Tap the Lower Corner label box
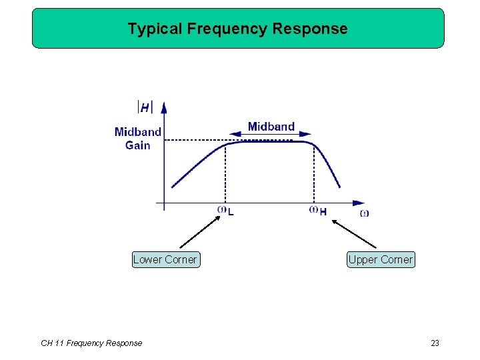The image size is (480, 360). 165,259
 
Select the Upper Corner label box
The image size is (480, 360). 381,259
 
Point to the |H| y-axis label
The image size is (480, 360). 145,107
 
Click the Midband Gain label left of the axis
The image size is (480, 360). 138,139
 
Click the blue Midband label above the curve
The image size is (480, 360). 271,127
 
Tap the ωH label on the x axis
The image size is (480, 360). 318,211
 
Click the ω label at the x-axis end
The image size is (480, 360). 364,213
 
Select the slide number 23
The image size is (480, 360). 435,343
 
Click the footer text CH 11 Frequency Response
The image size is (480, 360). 91,343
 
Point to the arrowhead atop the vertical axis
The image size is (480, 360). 164,106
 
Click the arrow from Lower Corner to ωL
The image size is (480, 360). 199,231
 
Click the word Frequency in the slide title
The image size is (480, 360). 229,29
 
